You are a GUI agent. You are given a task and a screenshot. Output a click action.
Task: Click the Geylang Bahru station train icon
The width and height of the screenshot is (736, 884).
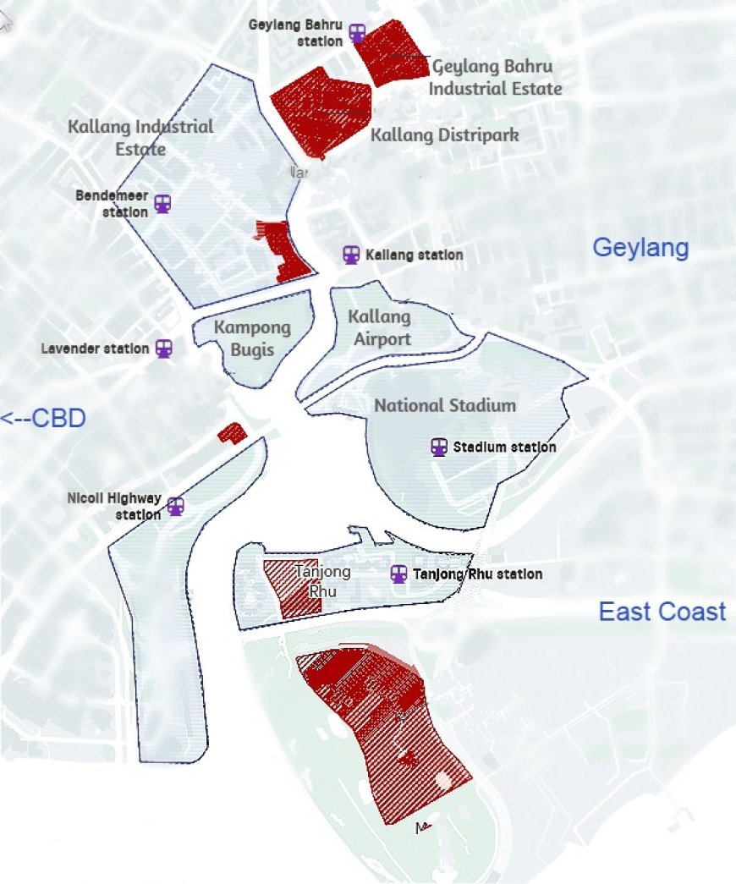(358, 33)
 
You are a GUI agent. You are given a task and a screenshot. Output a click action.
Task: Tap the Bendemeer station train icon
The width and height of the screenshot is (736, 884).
(162, 204)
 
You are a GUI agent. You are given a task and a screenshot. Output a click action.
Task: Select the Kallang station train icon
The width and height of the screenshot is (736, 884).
(351, 255)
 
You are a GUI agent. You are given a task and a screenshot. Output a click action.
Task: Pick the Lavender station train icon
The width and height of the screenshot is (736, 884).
(164, 349)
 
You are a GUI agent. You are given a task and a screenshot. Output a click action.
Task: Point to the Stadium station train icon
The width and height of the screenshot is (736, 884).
(439, 447)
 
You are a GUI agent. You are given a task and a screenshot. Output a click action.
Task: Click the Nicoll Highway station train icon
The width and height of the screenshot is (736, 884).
(175, 506)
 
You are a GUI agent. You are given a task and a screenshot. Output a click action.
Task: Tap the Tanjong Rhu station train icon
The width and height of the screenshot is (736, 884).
(398, 574)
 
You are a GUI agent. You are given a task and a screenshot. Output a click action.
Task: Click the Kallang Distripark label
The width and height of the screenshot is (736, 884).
(444, 135)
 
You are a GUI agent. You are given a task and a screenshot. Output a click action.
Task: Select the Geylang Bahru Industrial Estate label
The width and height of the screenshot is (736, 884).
(496, 77)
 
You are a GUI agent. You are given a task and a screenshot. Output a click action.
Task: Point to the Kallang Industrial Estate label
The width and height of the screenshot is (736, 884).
(140, 137)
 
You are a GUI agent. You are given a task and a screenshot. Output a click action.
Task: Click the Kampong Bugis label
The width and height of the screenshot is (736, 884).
(251, 338)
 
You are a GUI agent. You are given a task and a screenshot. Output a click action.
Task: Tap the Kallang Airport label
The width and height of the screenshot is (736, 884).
(380, 327)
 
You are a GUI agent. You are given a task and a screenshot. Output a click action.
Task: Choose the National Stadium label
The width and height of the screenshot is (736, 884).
(445, 405)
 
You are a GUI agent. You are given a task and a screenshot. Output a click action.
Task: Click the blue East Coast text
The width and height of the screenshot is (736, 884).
(662, 612)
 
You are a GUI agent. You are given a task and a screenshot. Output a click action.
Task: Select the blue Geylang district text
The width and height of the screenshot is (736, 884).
(640, 248)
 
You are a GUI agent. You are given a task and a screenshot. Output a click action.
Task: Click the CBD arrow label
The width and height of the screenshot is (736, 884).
(43, 418)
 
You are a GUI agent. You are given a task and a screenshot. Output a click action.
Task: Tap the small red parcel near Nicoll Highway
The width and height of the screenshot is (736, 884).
(231, 434)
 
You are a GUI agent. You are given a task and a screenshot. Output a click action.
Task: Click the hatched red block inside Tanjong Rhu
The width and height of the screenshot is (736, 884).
(285, 589)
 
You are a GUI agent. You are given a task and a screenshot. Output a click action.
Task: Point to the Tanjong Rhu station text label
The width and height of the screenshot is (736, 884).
(477, 574)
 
